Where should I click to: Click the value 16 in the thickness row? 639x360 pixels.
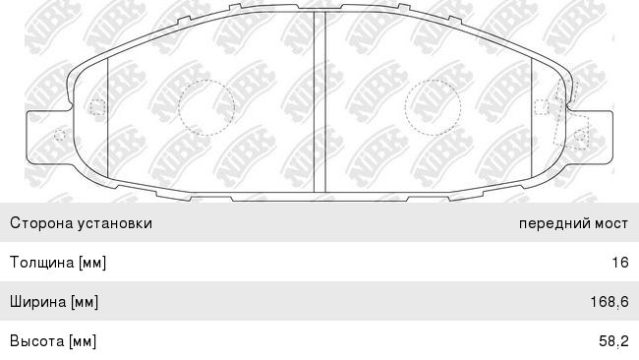[620, 262]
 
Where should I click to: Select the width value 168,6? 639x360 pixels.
[610, 302]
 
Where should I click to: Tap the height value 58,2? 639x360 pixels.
[613, 341]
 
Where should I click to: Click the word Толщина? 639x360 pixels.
[41, 263]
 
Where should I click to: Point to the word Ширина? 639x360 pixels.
[38, 302]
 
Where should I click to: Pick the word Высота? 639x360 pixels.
[37, 341]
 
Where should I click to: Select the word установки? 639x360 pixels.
[115, 224]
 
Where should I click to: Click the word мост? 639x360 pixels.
[610, 224]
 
